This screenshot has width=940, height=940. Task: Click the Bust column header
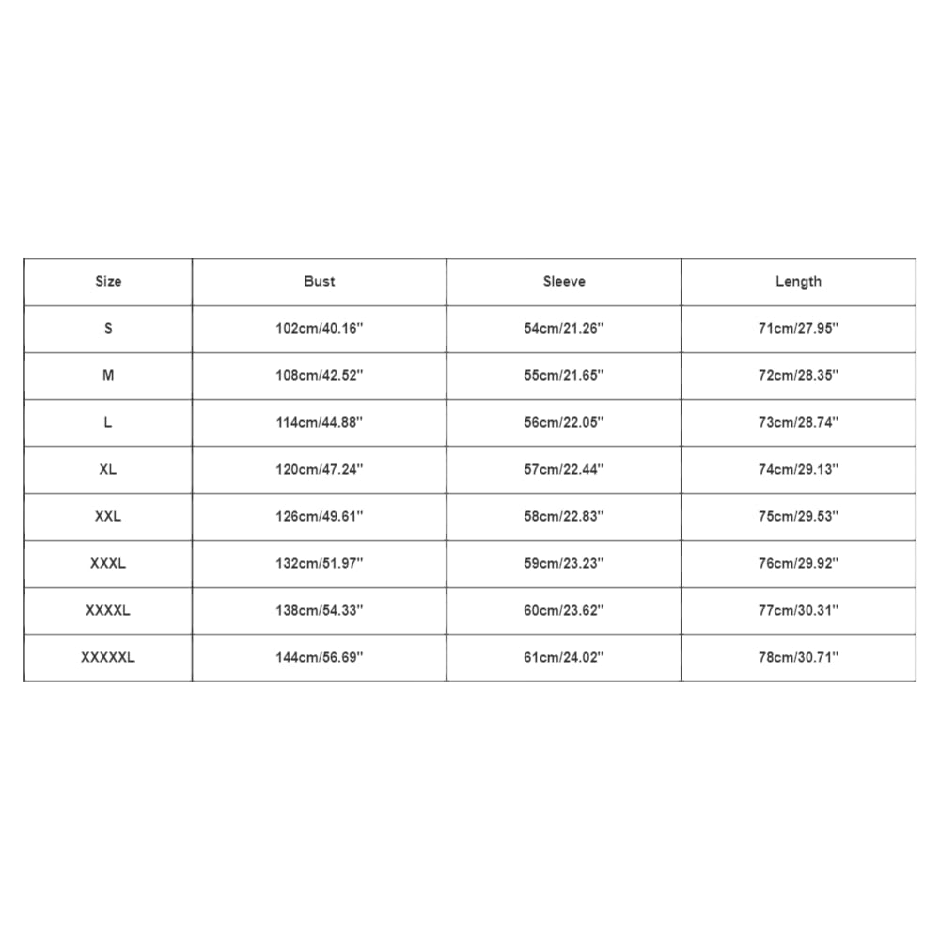(x=319, y=281)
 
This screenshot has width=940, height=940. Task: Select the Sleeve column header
(x=564, y=281)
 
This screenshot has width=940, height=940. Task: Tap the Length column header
(x=798, y=281)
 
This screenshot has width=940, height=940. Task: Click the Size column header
(x=108, y=281)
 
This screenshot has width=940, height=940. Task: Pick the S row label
(x=108, y=328)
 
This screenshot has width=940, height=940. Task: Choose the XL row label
(x=108, y=469)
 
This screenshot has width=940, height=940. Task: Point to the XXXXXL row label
(x=108, y=657)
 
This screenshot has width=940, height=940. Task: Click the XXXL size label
(x=108, y=563)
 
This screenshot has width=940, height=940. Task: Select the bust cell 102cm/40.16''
(x=319, y=328)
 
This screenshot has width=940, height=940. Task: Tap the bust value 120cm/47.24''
(x=319, y=469)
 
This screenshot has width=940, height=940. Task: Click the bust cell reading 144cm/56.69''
(x=319, y=657)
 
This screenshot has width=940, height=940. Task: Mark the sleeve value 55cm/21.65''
(x=564, y=375)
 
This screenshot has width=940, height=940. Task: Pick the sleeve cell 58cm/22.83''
(x=564, y=516)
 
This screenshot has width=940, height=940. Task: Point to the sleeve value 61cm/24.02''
(x=564, y=657)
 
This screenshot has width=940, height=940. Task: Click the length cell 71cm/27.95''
(x=798, y=328)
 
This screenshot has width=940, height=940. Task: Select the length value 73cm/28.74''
(x=798, y=422)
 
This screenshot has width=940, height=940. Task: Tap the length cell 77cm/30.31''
(x=798, y=610)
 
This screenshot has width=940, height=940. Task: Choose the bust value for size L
(x=319, y=422)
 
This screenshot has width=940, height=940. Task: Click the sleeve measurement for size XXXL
(x=564, y=563)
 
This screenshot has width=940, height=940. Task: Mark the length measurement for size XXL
(x=798, y=516)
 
